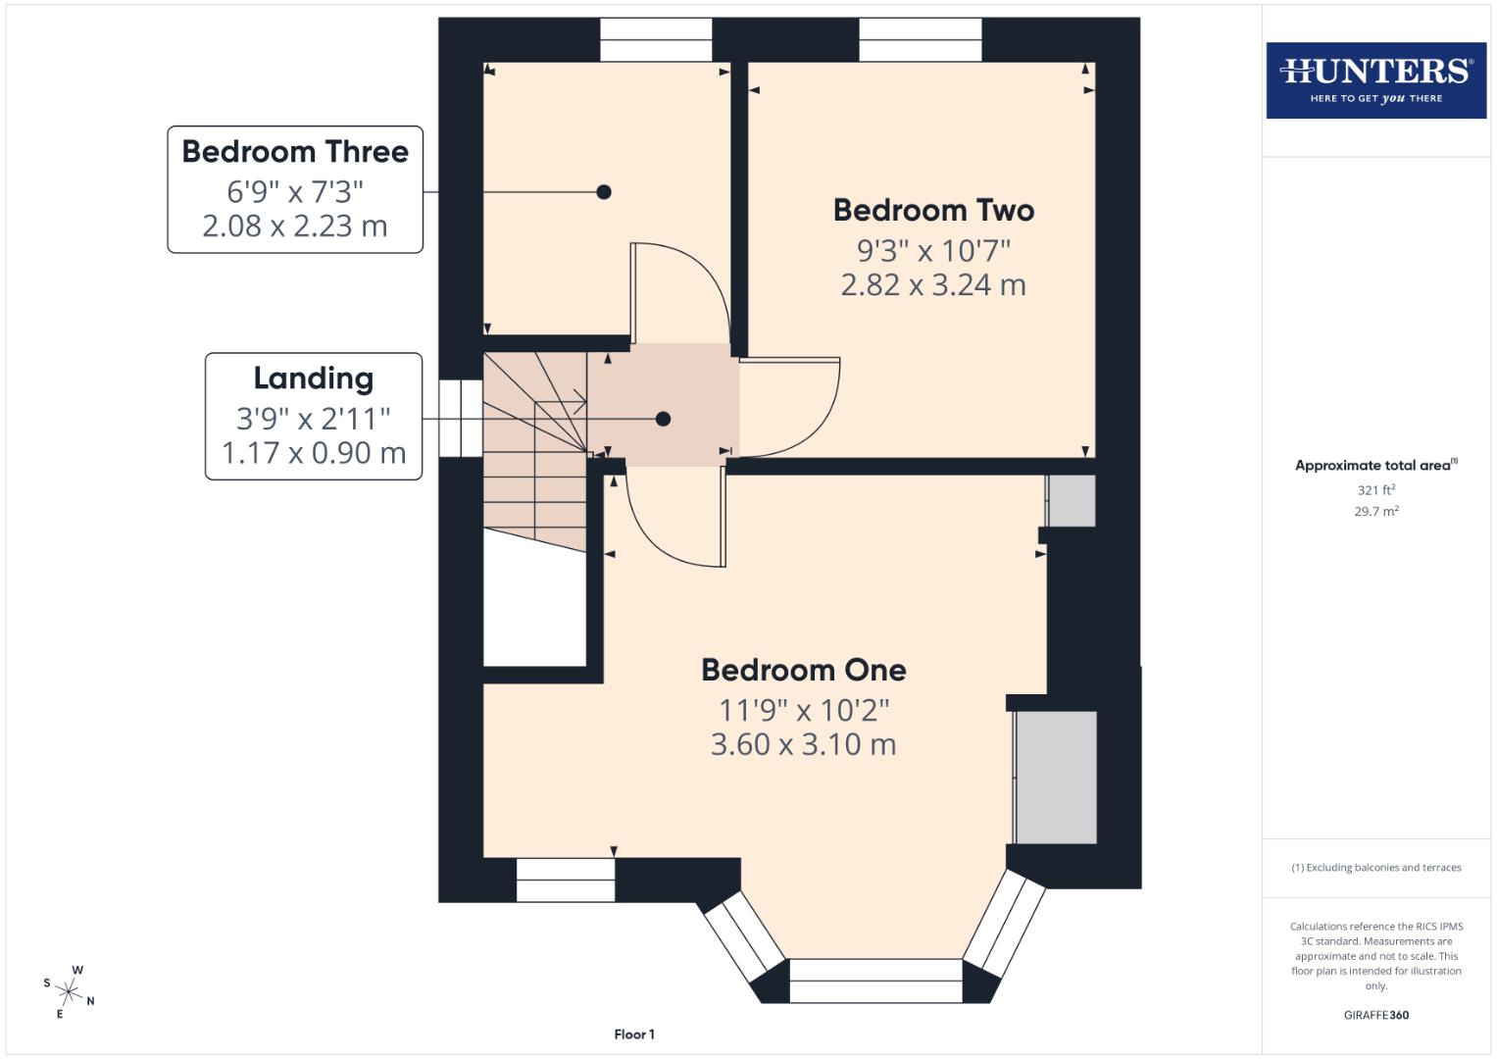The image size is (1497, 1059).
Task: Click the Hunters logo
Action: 1375,80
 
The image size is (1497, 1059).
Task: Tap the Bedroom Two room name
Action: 933,210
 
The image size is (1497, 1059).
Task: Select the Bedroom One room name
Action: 803,670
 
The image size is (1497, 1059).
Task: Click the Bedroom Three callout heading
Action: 295,152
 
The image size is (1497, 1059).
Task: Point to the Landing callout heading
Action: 314,378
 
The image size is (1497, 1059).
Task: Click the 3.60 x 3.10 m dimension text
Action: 803,744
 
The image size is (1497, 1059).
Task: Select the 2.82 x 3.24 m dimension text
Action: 933,285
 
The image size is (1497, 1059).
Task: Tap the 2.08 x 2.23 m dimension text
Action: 295,227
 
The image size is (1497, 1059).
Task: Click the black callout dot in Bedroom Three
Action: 604,192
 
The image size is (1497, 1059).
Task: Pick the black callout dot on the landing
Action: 663,419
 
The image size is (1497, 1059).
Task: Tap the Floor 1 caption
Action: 634,1034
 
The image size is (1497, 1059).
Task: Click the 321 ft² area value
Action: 1375,490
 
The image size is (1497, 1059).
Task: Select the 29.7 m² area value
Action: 1375,511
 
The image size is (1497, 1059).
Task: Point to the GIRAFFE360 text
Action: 1375,1015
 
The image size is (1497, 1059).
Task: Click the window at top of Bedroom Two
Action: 920,39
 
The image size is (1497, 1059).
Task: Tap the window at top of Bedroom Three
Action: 656,39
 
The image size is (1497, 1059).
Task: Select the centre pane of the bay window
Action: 875,981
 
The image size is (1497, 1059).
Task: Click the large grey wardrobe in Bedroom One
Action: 1055,777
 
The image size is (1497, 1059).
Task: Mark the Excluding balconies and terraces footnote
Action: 1375,868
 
